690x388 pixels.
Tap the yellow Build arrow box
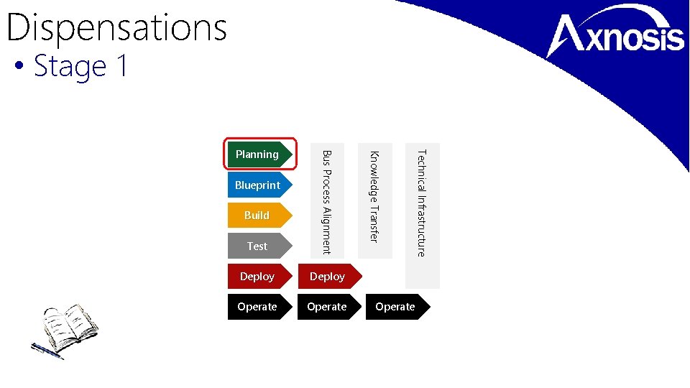258,216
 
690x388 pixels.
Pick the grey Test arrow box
258,246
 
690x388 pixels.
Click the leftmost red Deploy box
258,277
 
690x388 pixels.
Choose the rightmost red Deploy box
328,277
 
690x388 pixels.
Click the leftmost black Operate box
258,307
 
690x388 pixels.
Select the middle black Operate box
328,307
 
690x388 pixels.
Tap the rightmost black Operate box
396,307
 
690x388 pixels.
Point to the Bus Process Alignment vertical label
326,202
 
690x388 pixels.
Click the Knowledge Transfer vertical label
374,196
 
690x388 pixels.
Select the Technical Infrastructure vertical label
422,203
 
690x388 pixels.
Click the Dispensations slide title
116,27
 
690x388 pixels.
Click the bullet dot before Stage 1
19,68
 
